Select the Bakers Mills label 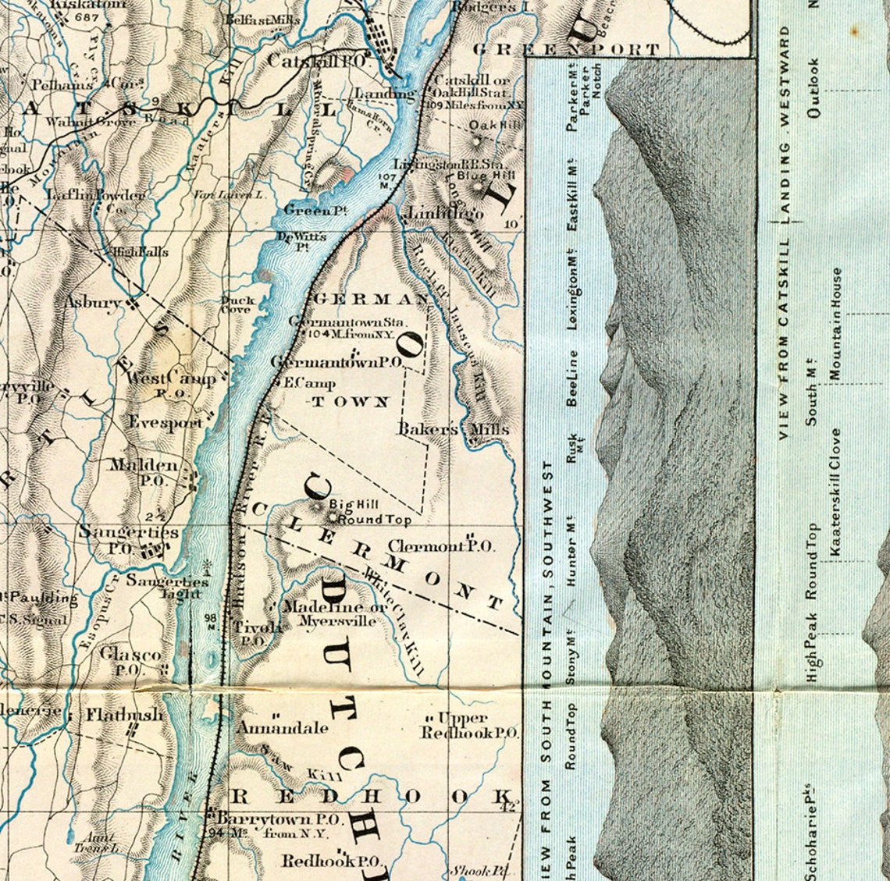453,429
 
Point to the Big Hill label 347,505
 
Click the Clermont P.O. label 441,546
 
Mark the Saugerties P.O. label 128,539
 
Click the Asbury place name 93,302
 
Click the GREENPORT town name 566,49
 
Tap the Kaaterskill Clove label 836,492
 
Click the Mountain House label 836,324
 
